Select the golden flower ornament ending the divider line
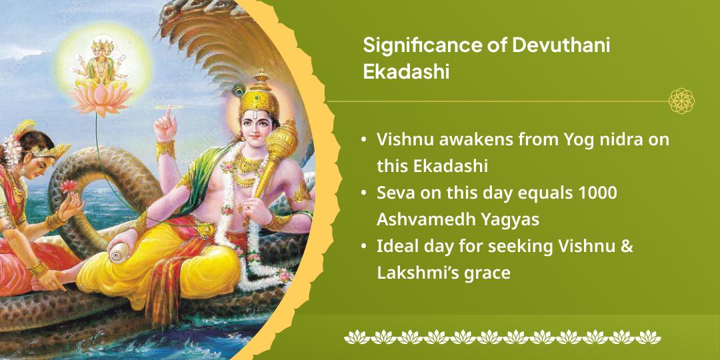tap(681, 101)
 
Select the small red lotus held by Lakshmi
tap(69, 186)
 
